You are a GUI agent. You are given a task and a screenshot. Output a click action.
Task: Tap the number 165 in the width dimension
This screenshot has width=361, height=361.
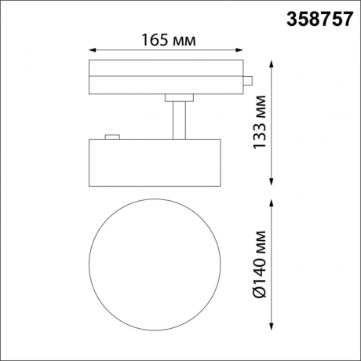tap(155, 39)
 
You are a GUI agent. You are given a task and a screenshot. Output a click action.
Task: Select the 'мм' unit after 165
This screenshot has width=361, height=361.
tap(183, 39)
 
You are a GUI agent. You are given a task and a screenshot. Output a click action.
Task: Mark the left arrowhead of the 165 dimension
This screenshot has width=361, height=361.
tap(93, 51)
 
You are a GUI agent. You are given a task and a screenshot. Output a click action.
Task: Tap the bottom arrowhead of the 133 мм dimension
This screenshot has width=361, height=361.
tap(271, 181)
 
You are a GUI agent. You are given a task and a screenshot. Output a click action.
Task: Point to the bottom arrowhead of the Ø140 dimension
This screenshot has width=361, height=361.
tap(271, 327)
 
